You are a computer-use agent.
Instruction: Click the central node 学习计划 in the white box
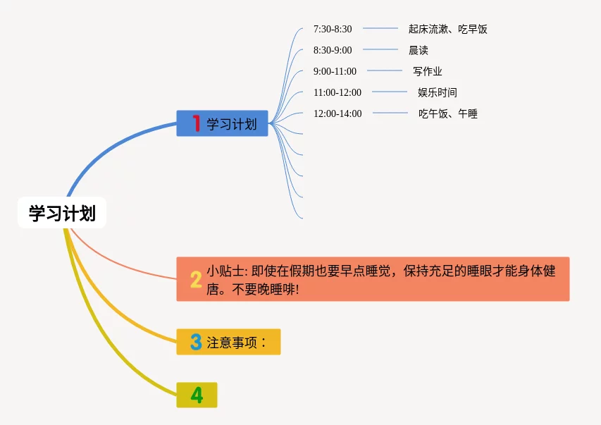click(62, 213)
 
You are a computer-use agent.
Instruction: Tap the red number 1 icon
click(196, 124)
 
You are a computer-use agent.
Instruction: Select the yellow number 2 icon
click(196, 279)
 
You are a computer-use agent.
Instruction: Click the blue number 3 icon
click(196, 343)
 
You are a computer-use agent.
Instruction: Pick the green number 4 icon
click(197, 395)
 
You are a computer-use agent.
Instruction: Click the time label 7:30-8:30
click(333, 29)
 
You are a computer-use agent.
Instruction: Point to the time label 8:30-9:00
click(333, 50)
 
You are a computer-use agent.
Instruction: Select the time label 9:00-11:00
click(335, 71)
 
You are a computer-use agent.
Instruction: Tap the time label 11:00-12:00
click(337, 92)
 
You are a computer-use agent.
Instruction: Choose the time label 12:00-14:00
click(337, 113)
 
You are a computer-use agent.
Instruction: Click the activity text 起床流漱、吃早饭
click(447, 29)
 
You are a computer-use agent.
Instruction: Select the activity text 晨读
click(418, 50)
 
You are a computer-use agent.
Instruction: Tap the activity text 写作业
click(428, 71)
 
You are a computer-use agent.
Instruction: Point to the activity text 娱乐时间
click(438, 92)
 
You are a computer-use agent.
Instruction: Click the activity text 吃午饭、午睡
click(448, 113)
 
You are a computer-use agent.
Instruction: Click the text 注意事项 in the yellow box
click(233, 343)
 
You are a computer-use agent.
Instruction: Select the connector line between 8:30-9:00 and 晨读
click(380, 49)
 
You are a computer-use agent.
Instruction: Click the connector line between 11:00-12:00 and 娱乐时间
click(390, 92)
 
